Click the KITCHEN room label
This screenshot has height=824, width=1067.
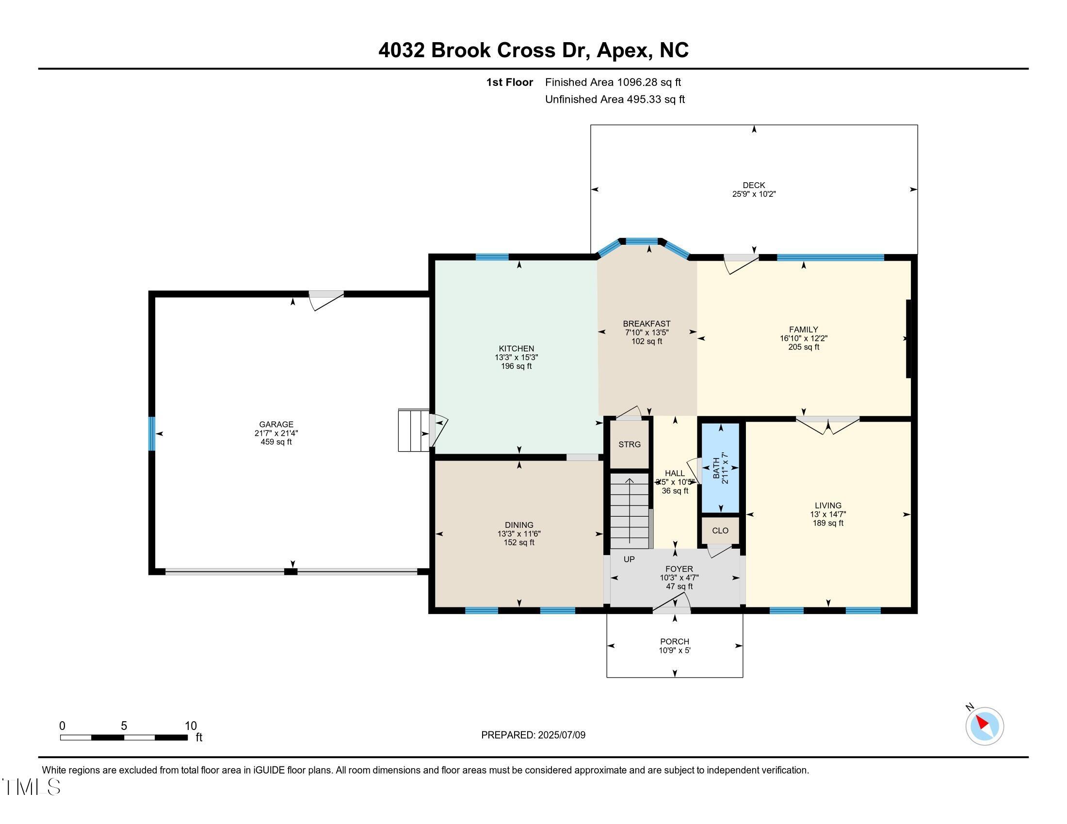517,349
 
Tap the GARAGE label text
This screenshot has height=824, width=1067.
276,424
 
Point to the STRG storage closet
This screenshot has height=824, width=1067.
629,444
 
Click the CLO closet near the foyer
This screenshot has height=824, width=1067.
720,530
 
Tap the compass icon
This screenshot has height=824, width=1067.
985,726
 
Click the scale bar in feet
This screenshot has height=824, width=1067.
124,737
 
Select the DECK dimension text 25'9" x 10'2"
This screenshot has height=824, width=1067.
754,194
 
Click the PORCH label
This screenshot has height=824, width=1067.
675,641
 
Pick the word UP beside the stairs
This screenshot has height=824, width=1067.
629,559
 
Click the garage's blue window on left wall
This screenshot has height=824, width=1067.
152,433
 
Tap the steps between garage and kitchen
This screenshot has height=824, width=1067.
413,430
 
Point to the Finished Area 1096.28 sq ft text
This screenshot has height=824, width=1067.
613,82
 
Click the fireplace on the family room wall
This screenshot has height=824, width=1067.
908,338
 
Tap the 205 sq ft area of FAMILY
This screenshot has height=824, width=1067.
804,347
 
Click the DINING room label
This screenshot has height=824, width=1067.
519,525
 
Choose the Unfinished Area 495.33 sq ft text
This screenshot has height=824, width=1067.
615,99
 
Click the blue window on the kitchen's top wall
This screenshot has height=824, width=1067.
492,257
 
